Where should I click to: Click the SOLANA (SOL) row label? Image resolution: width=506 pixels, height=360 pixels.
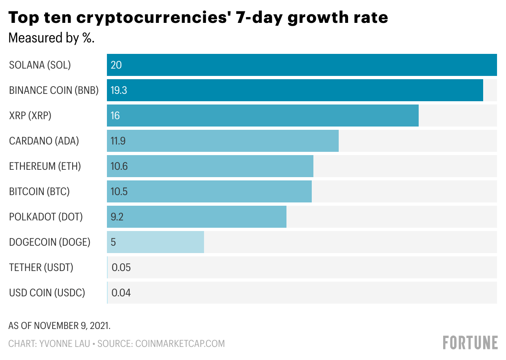point(40,65)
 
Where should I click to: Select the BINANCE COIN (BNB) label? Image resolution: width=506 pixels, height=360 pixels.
point(54,90)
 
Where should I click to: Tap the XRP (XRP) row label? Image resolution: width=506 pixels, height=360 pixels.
point(30,116)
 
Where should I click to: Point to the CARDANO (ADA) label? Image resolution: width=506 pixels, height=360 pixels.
point(44,141)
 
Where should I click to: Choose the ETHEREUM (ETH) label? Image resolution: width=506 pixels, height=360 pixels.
point(45,167)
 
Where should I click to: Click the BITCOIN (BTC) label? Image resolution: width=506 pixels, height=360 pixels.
point(39,192)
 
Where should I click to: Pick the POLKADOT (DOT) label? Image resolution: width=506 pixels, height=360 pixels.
point(46,217)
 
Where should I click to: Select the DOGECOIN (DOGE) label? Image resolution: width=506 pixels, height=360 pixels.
point(49,242)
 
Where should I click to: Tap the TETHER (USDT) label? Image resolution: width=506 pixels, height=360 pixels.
point(41,268)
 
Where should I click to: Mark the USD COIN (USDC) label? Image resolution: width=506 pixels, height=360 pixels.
point(47,293)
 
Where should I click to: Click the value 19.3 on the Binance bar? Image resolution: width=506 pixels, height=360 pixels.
point(119,90)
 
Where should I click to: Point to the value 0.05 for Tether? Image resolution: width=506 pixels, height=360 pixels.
point(121,268)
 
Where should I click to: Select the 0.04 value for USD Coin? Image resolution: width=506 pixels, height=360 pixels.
point(121,293)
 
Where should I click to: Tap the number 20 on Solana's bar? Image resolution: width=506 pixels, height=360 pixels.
point(116,65)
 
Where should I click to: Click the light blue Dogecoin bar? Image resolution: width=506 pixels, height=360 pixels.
point(155,242)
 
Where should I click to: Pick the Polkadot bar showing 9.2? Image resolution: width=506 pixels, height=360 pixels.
point(197,217)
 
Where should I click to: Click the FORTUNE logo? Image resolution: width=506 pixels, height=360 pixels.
point(470,343)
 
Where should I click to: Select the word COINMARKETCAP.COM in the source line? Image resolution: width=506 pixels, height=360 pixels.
point(180,344)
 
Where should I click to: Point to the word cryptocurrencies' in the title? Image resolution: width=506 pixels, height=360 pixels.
point(151,18)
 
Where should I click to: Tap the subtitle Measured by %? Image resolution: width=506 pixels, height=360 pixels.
point(51,38)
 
